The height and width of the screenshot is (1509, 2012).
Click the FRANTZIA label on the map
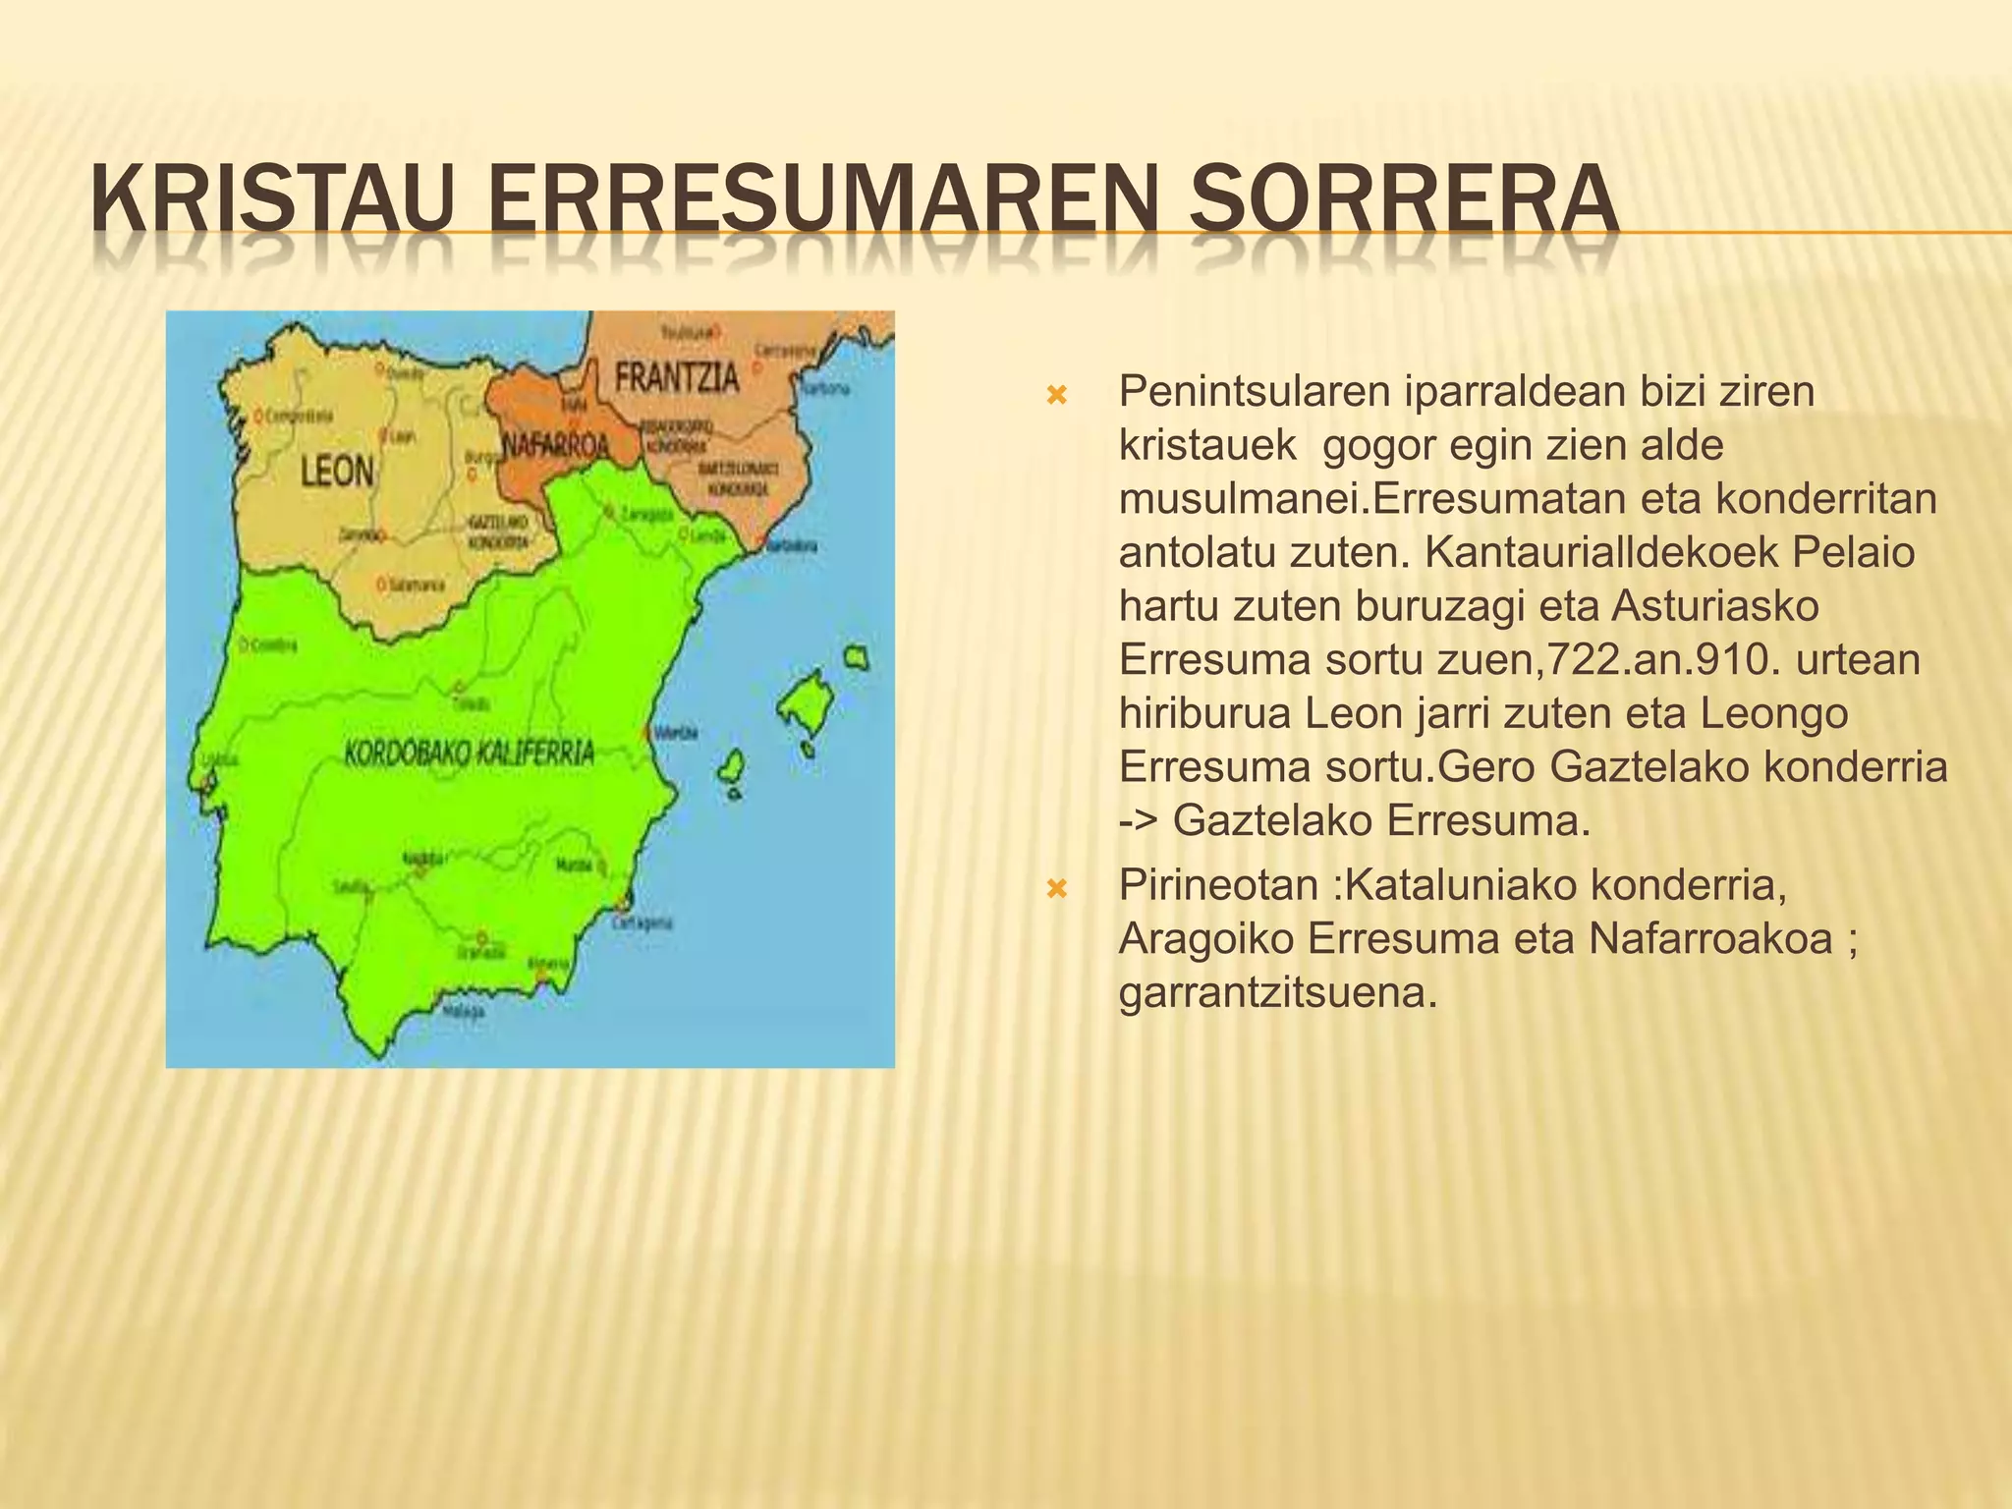point(677,377)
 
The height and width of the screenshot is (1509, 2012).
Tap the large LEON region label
point(337,473)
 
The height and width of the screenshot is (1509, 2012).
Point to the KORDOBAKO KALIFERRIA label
point(470,754)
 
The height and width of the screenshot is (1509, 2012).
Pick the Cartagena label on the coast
point(643,922)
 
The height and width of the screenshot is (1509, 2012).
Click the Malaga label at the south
point(463,1011)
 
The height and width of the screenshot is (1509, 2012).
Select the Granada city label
point(481,952)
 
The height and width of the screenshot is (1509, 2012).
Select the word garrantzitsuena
point(1277,993)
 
